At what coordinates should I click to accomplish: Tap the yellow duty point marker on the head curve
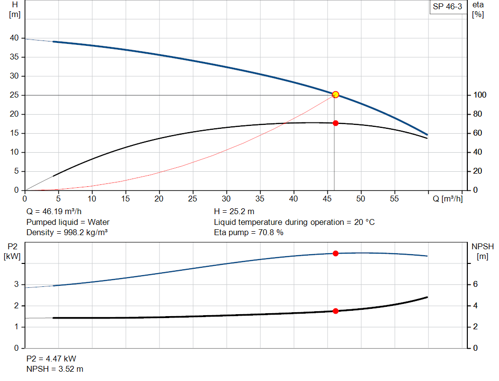[335, 95]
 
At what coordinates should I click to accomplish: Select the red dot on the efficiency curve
[335, 123]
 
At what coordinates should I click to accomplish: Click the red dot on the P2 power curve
[335, 253]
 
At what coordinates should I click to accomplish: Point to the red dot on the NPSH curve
[335, 311]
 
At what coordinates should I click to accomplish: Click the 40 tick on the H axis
[14, 38]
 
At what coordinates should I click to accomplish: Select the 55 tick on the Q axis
[394, 199]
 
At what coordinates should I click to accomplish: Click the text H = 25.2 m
[234, 212]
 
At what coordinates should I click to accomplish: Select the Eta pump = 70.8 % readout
[249, 232]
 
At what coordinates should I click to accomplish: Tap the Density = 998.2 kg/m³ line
[67, 232]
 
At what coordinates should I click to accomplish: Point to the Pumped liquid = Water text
[68, 222]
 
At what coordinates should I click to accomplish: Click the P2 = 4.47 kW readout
[51, 359]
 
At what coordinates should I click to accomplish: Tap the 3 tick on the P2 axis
[17, 284]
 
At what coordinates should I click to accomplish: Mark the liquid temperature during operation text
[294, 222]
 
